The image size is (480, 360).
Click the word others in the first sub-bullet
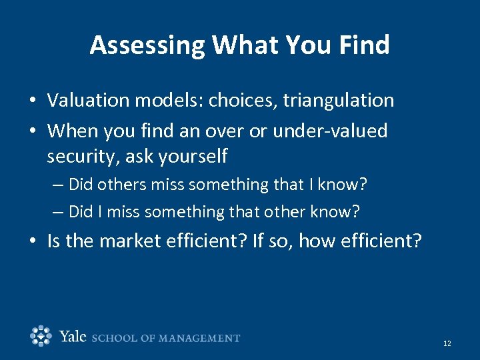coord(117,183)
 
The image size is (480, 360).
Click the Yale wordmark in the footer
coord(73,337)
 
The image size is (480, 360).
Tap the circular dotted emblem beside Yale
coord(41,336)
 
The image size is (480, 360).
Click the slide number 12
coord(447,343)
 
